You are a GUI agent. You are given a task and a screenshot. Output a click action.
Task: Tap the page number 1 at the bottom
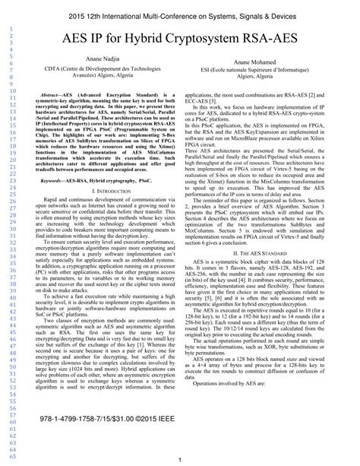pyautogui.click(x=178, y=459)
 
